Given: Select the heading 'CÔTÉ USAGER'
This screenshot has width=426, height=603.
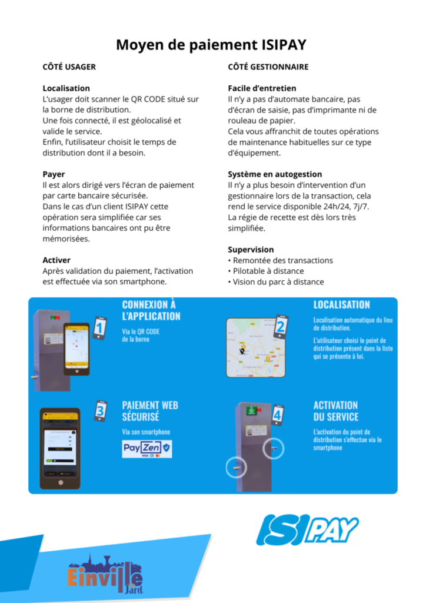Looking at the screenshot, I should pyautogui.click(x=69, y=67).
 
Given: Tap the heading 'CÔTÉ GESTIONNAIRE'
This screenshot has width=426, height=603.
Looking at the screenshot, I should pyautogui.click(x=268, y=67).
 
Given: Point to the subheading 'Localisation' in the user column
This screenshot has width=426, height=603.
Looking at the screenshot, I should pyautogui.click(x=66, y=88).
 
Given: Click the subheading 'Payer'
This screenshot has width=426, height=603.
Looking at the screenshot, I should pyautogui.click(x=54, y=174).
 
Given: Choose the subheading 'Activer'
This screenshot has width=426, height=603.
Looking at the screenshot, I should pyautogui.click(x=56, y=260).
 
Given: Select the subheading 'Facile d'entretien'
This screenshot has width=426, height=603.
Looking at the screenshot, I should pyautogui.click(x=262, y=88).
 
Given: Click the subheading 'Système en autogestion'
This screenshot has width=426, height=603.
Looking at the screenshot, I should pyautogui.click(x=275, y=174).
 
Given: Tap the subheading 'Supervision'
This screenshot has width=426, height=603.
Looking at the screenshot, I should pyautogui.click(x=251, y=249).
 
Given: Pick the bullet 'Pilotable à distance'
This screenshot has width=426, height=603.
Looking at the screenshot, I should pyautogui.click(x=268, y=271).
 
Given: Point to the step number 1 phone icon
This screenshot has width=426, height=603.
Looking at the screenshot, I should pyautogui.click(x=100, y=327).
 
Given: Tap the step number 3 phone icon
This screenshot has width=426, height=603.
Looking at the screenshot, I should pyautogui.click(x=101, y=410).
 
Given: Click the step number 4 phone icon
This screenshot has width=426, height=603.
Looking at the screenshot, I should pyautogui.click(x=277, y=415).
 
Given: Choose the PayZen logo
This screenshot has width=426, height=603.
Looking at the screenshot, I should pyautogui.click(x=147, y=449).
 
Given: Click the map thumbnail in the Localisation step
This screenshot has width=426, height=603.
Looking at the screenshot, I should pyautogui.click(x=255, y=347).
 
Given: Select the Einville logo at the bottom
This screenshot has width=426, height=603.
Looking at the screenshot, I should pyautogui.click(x=106, y=574).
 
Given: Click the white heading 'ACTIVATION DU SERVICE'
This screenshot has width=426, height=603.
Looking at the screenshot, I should pyautogui.click(x=335, y=411).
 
